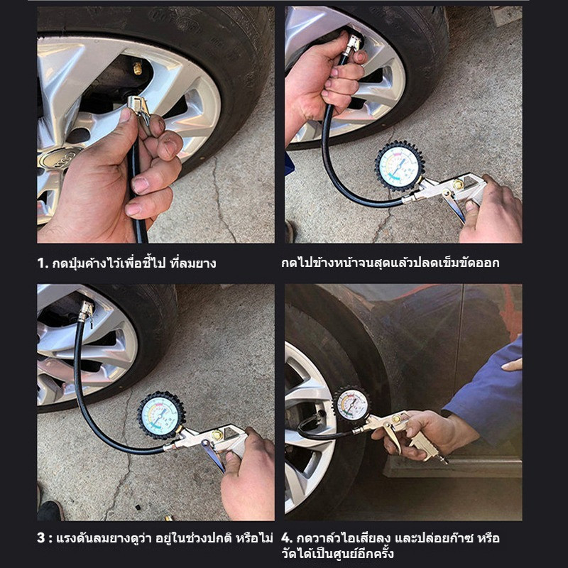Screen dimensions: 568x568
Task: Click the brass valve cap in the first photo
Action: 138,68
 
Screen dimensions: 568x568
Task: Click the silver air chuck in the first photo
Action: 139,109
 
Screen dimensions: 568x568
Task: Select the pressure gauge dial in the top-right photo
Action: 400,166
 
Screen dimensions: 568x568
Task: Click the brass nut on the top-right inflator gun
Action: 457,185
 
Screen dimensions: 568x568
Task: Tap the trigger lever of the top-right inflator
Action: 454,207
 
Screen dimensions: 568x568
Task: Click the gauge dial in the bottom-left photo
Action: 161,415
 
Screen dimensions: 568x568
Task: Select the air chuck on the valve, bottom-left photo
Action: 86,311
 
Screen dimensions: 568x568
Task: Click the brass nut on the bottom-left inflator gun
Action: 217,435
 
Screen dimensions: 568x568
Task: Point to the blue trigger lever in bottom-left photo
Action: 214,456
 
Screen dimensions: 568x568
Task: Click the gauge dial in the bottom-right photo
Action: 351,405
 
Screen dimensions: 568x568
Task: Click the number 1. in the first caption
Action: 43,263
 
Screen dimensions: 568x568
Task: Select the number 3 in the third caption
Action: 41,537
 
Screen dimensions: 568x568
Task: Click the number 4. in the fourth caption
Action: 287,538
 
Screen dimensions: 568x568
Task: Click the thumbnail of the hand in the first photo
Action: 126,115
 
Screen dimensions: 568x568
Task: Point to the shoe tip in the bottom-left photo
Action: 50,510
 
